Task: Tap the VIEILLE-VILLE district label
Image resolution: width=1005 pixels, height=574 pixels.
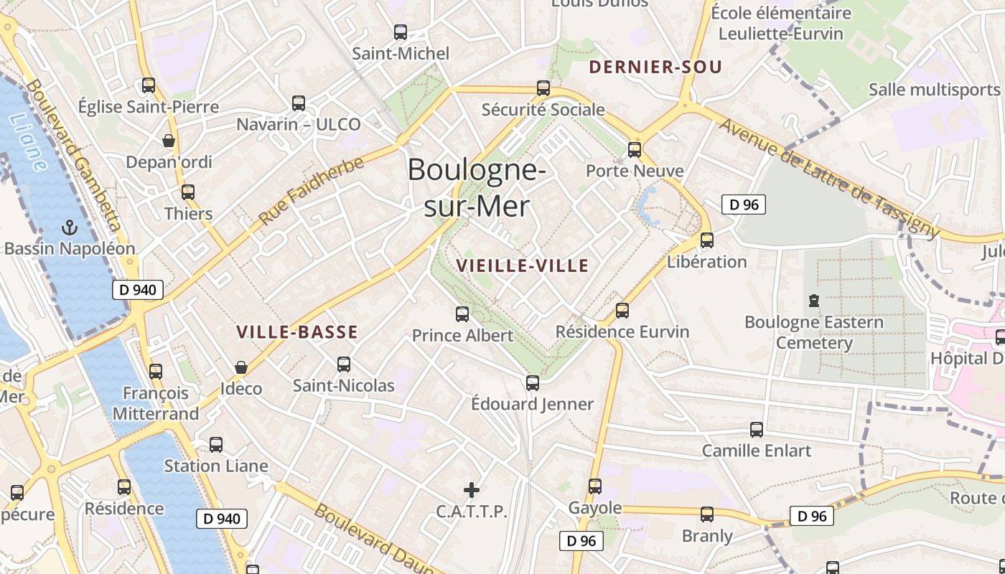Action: [523, 266]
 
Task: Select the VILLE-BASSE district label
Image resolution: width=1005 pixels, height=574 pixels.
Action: [297, 332]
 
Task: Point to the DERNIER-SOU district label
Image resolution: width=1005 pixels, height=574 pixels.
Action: [655, 68]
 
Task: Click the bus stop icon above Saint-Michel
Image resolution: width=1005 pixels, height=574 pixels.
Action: [401, 32]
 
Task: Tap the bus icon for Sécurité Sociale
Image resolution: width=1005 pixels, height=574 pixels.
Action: [543, 88]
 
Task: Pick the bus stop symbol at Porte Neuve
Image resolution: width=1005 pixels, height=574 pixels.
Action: [635, 150]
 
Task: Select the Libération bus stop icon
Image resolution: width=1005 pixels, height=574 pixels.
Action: [707, 240]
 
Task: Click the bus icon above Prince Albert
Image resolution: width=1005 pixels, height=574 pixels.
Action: [462, 314]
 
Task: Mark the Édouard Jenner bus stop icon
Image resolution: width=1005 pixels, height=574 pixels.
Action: [532, 383]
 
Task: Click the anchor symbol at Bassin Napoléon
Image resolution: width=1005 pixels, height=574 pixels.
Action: [70, 227]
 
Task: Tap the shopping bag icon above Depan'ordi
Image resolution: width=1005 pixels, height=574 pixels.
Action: [169, 141]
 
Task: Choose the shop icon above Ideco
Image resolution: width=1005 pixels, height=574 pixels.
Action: [241, 367]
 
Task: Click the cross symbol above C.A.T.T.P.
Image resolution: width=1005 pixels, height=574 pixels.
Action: [472, 490]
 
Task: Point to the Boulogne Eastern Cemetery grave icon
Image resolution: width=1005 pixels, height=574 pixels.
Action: [813, 300]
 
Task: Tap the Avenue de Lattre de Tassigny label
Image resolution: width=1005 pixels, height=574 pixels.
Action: [828, 179]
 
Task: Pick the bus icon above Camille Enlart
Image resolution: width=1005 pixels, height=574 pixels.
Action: [757, 430]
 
